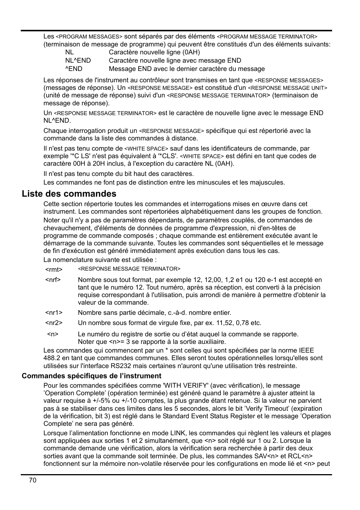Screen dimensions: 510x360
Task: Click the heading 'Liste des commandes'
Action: pyautogui.click(x=69, y=194)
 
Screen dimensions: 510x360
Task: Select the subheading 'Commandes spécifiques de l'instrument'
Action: pyautogui.click(x=91, y=376)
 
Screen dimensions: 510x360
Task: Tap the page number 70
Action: pyautogui.click(x=32, y=480)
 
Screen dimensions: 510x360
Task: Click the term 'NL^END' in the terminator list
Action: pyautogui.click(x=78, y=60)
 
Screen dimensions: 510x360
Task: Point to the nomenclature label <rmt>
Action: pyautogui.click(x=54, y=270)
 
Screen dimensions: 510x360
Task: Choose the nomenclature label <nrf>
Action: pyautogui.click(x=53, y=280)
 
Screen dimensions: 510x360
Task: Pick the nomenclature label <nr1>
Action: pyautogui.click(x=54, y=313)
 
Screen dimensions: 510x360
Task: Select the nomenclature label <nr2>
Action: pyautogui.click(x=54, y=323)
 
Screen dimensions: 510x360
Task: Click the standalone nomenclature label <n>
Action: pyautogui.click(x=53, y=334)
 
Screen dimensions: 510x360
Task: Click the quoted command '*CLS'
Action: pyautogui.click(x=169, y=156)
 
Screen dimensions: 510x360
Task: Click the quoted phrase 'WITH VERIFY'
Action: pyautogui.click(x=185, y=385)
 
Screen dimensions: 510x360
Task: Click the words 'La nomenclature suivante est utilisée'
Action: pyautogui.click(x=98, y=260)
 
